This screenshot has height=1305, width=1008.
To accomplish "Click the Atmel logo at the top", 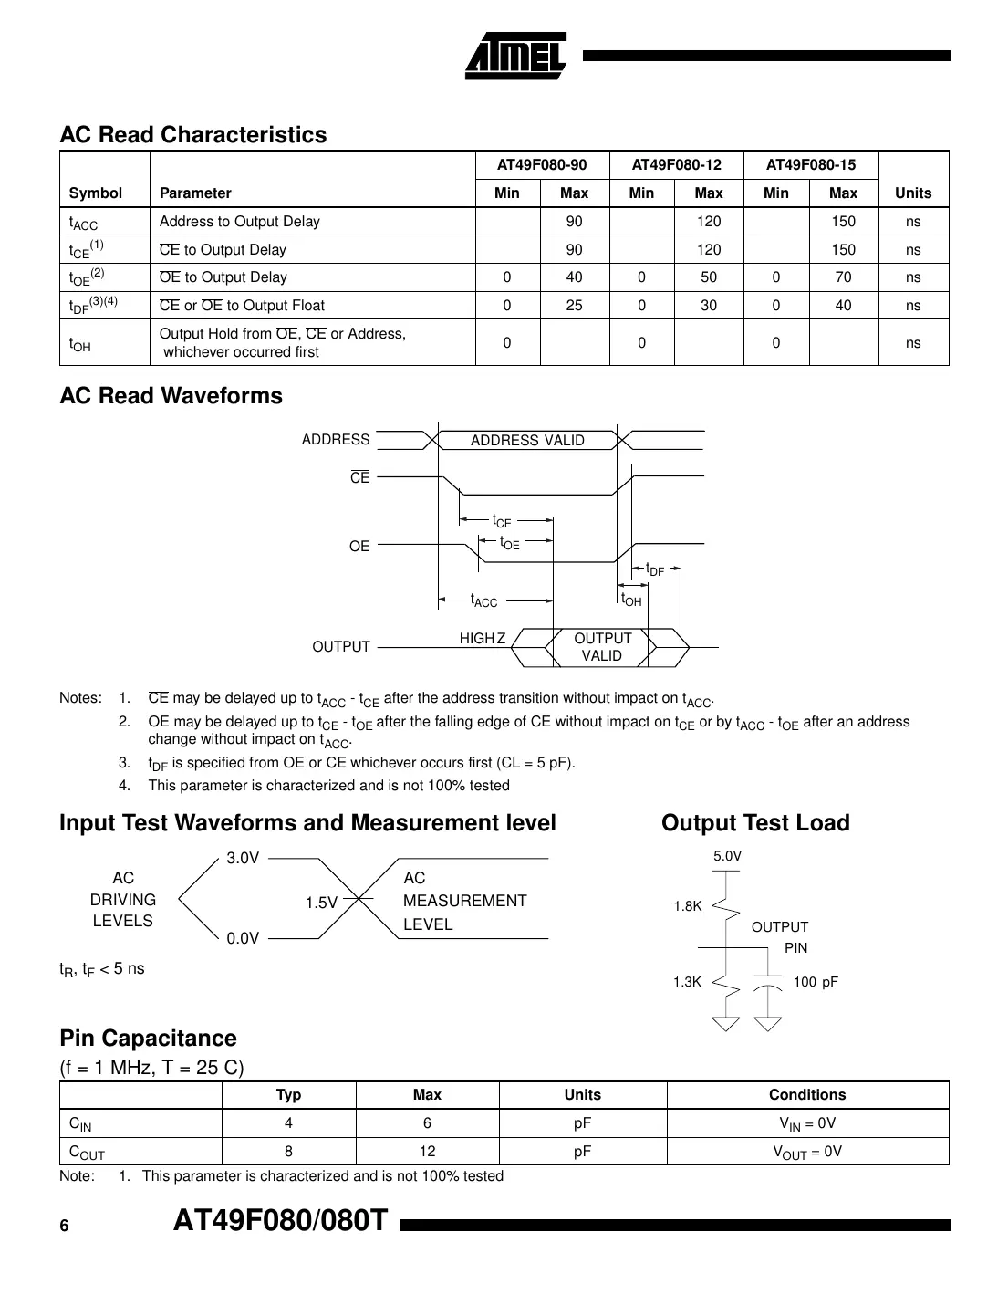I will [x=516, y=57].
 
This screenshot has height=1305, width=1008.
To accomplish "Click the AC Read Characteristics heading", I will [x=192, y=134].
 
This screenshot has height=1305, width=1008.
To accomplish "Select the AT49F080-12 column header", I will [x=676, y=165].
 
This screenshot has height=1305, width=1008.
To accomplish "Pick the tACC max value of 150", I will [x=843, y=221].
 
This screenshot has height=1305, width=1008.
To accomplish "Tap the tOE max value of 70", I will [x=843, y=277].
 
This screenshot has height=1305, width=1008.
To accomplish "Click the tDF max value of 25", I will [x=574, y=306].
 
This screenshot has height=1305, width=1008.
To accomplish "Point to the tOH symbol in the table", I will [x=79, y=344].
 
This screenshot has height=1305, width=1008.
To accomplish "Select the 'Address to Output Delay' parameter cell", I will [x=239, y=221].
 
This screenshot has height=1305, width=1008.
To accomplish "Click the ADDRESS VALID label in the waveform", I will [x=527, y=440].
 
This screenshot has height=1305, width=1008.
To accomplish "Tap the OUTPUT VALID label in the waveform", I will [x=602, y=647].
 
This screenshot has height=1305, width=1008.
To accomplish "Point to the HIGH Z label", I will [x=482, y=639].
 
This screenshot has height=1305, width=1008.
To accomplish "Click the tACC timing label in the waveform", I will [x=484, y=600].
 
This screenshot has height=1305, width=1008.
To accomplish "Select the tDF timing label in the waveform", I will [x=655, y=569].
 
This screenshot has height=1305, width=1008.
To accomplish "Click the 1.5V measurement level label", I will [x=321, y=903].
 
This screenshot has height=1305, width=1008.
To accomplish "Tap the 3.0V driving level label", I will [x=243, y=859].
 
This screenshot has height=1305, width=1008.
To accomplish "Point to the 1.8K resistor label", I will [x=688, y=906].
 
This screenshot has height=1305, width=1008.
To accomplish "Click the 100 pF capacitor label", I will [x=816, y=982].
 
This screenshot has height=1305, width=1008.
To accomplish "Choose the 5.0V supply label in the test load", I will [x=727, y=856].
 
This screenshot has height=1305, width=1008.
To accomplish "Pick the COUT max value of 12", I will [x=427, y=1152].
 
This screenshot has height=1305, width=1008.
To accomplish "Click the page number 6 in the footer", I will [x=64, y=1227].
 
